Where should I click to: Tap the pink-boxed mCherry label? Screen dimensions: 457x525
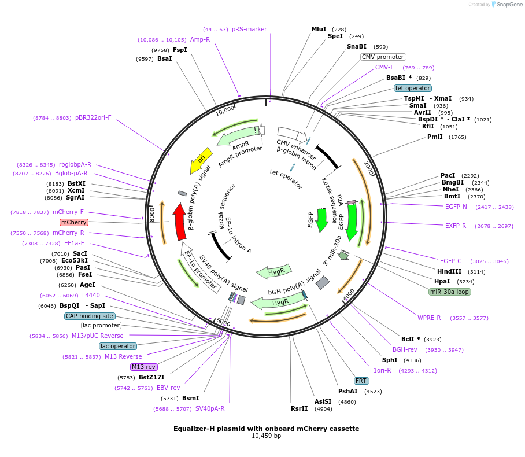tap(74, 222)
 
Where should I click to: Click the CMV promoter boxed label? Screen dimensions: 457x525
tap(383, 57)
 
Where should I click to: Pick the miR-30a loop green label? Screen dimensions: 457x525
tap(450, 292)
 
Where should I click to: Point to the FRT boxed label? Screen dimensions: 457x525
tap(361, 381)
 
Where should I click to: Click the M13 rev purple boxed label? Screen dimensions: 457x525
tap(144, 367)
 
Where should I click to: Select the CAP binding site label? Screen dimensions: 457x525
tap(90, 316)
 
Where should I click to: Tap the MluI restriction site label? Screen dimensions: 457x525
tap(319, 29)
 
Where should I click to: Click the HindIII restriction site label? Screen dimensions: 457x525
tap(449, 271)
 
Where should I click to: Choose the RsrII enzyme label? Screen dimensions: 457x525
tap(300, 408)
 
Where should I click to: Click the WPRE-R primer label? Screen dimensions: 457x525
tap(429, 318)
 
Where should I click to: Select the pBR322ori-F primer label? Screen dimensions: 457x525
tap(93, 117)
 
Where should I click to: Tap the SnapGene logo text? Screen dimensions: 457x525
tap(508, 5)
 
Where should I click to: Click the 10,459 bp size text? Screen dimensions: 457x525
tap(266, 436)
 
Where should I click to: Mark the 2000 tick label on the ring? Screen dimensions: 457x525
tap(368, 168)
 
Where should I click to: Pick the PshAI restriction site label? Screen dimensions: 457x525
tap(349, 391)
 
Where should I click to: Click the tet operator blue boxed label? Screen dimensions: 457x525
tap(413, 88)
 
